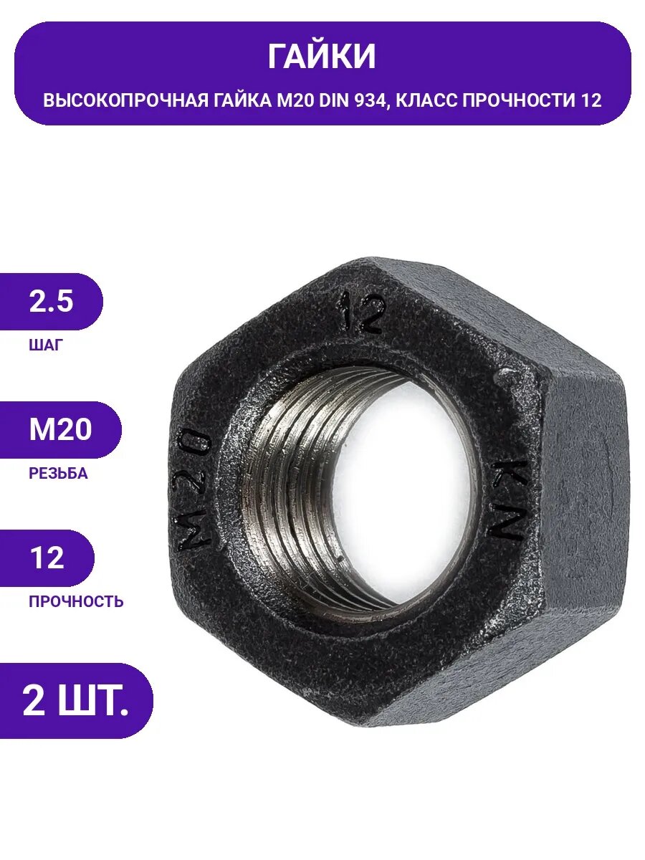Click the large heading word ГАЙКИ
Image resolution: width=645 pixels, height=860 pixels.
click(x=322, y=57)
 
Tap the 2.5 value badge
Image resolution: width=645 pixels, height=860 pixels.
click(x=51, y=302)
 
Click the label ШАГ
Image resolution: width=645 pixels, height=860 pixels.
click(x=46, y=345)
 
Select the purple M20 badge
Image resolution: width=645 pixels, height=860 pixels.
click(x=60, y=430)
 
